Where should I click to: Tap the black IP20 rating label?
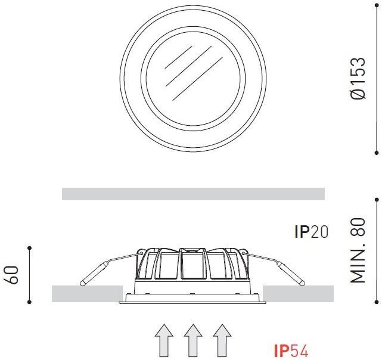pos(312,232)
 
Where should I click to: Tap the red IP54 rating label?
pos(291,351)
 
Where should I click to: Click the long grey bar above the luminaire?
pos(193,194)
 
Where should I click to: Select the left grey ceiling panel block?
pos(87,294)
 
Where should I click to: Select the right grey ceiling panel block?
pos(297,294)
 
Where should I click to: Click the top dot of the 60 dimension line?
pos(30,246)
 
